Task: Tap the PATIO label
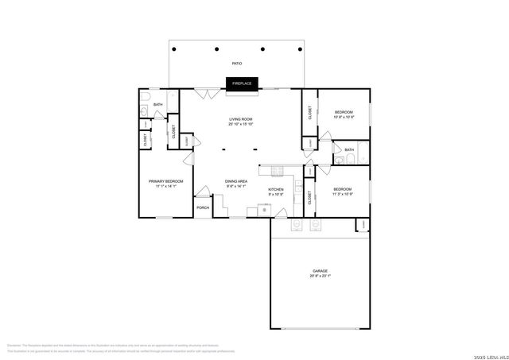pyautogui.click(x=237, y=63)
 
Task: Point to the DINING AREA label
pyautogui.click(x=236, y=184)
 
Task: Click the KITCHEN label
pyautogui.click(x=276, y=191)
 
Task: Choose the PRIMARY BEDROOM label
pyautogui.click(x=166, y=184)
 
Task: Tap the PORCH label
pyautogui.click(x=203, y=208)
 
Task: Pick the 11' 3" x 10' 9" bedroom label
pyautogui.click(x=343, y=192)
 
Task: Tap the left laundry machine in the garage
pyautogui.click(x=295, y=226)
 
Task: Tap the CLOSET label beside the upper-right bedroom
pyautogui.click(x=309, y=113)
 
